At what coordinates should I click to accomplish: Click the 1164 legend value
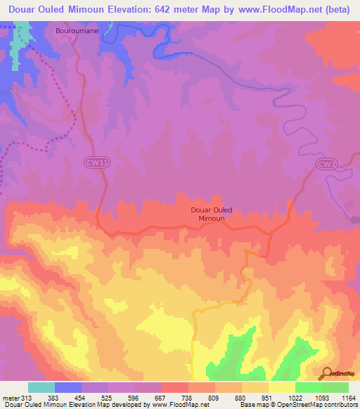(x=348, y=398)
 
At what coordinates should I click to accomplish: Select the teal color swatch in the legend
(x=41, y=387)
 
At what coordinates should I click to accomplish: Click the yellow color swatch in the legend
(x=282, y=387)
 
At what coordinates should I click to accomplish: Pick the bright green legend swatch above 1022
(x=309, y=387)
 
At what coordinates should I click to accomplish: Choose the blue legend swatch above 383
(x=68, y=387)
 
